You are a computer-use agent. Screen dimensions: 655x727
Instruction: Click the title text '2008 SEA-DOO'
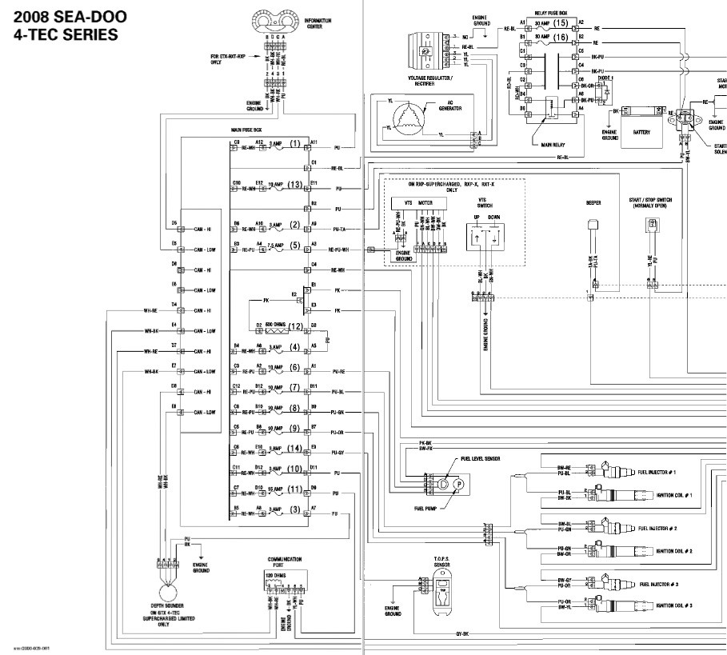coord(63,17)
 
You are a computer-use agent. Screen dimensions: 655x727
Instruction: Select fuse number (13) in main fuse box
coord(296,185)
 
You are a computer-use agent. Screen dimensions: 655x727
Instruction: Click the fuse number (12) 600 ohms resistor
coord(296,327)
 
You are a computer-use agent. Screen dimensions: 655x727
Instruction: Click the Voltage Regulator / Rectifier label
coord(429,81)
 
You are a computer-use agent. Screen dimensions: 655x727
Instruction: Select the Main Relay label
coord(547,146)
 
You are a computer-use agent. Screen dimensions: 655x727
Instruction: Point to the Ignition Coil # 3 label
coord(673,606)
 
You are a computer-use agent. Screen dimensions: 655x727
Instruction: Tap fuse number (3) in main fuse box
coord(296,510)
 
